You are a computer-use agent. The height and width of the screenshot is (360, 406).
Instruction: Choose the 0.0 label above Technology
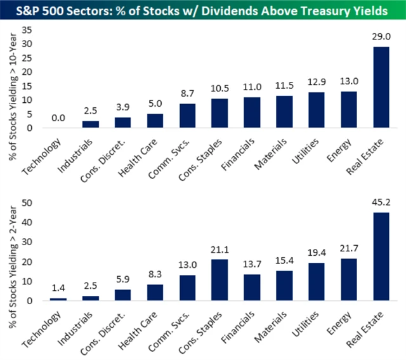click(58, 118)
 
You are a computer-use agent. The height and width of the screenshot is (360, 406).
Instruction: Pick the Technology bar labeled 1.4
click(58, 299)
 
